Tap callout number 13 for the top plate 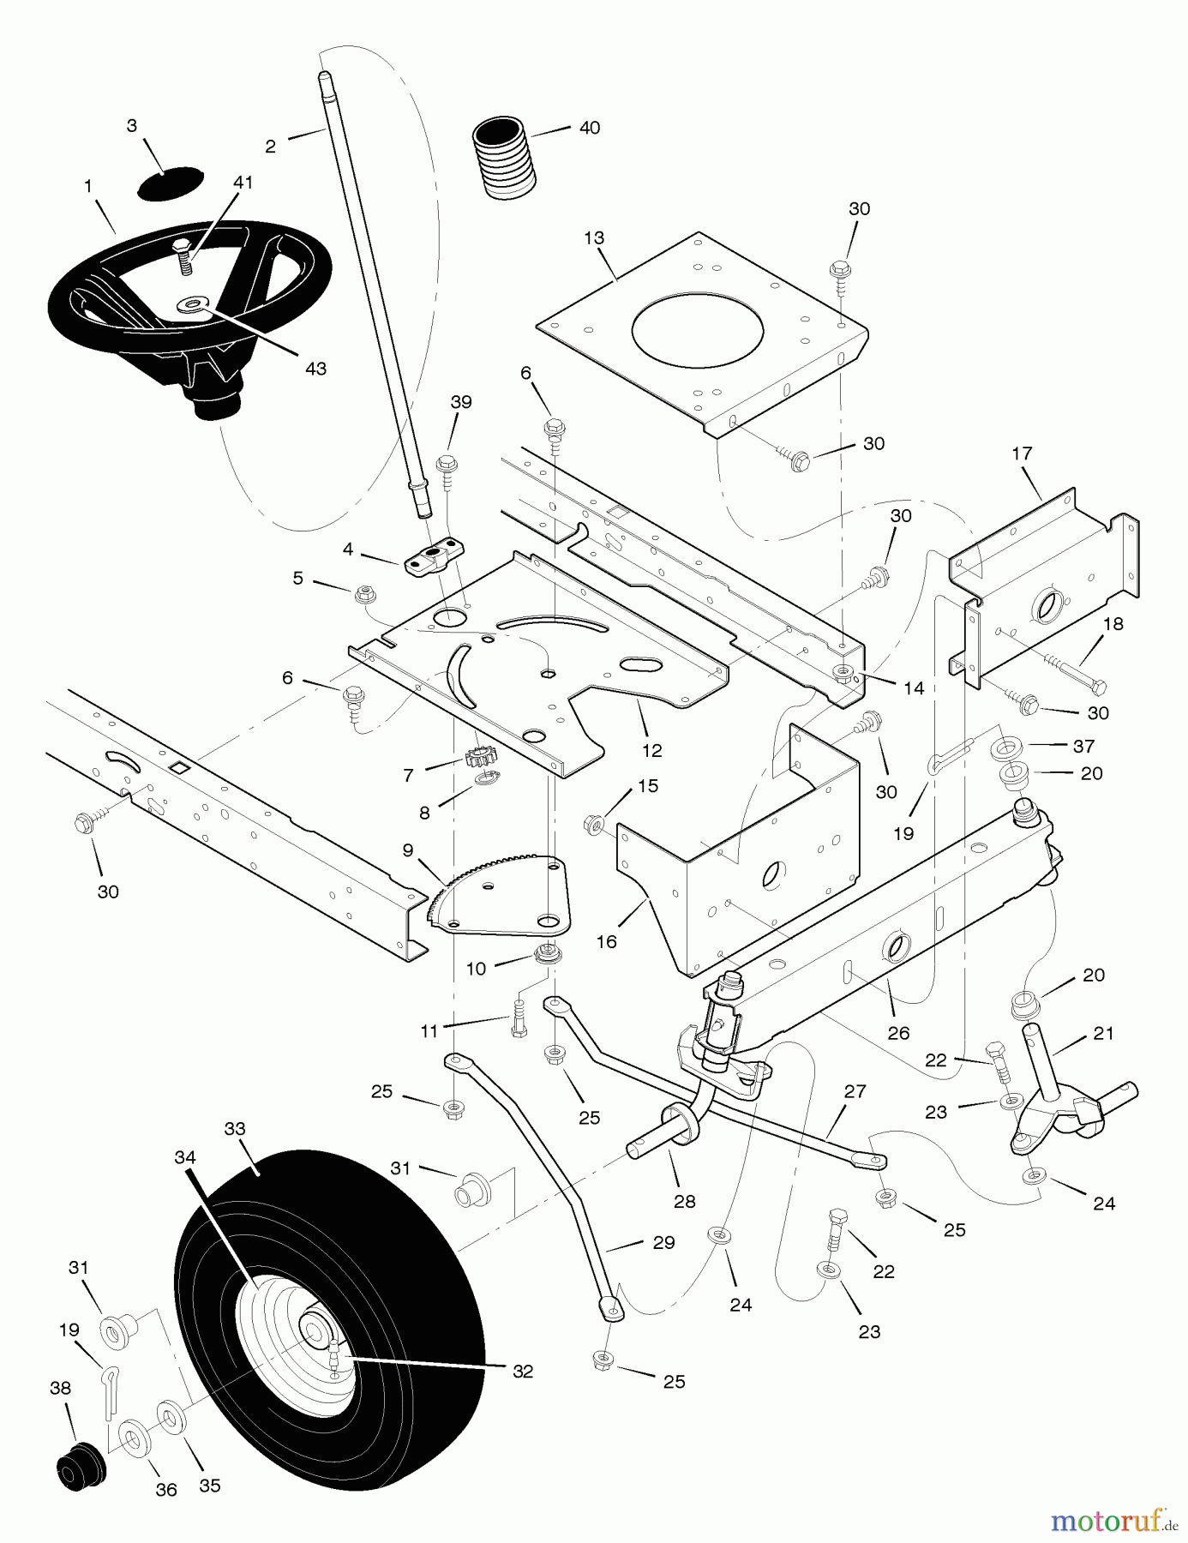pos(594,237)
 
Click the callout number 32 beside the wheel pos(523,1371)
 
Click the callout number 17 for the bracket pos(1022,453)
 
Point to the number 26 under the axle pos(898,1033)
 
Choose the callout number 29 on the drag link pos(663,1243)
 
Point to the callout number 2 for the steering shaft pos(271,147)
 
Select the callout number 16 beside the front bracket pos(606,941)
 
